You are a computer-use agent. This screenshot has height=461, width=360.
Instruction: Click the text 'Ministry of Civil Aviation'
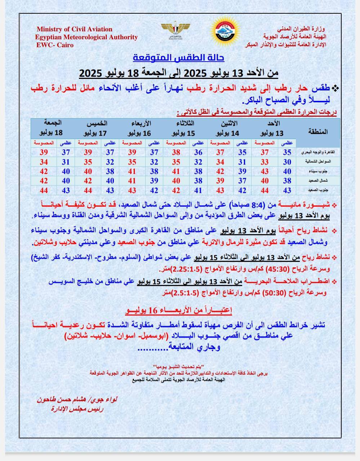point(74,29)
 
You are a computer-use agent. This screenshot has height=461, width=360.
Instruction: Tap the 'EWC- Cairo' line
point(55,45)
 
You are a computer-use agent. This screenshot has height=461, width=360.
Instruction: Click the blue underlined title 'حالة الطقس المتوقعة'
point(178,57)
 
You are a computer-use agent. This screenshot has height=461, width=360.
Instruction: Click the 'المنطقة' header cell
point(317,131)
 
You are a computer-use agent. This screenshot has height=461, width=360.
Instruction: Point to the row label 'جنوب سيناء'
point(318,171)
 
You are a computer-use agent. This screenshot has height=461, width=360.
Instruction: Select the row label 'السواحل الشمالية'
point(318,162)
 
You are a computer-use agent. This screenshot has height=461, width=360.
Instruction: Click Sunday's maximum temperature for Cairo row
point(287,152)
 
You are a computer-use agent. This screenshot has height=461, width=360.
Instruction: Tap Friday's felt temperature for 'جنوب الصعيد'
point(44,190)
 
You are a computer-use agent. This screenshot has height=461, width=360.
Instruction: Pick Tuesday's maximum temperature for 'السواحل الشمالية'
point(198,162)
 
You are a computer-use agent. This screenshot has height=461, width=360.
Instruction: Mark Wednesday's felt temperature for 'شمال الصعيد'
point(132,181)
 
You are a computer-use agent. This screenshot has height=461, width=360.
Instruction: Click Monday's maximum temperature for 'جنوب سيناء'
point(242,171)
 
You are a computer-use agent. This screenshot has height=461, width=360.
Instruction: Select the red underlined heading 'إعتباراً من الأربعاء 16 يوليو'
point(178,310)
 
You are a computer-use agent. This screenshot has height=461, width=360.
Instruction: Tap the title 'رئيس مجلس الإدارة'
point(77,409)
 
